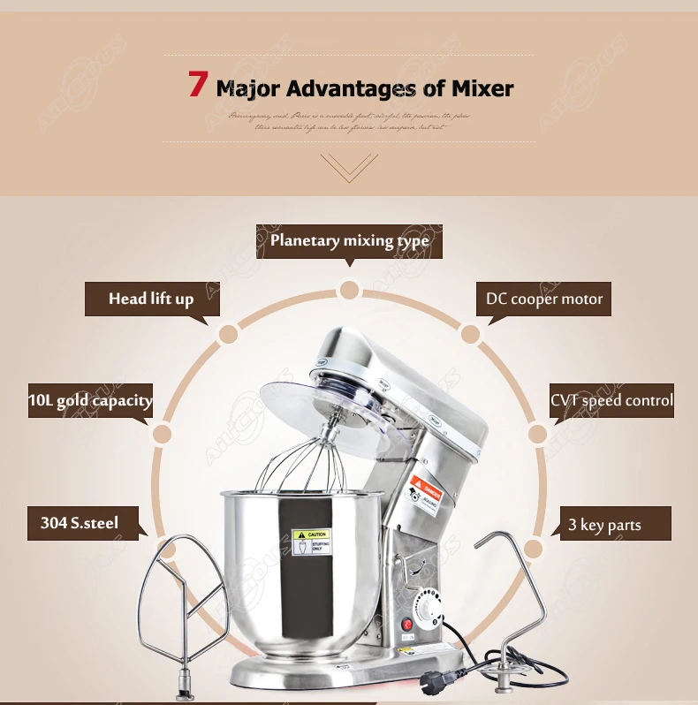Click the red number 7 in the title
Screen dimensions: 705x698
[x=198, y=85]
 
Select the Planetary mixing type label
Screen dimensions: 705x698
[x=349, y=240]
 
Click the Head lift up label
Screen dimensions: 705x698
[x=151, y=299]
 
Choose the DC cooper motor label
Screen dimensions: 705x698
[x=543, y=299]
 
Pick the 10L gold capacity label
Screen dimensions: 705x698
[x=89, y=400]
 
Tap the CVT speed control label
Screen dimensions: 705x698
[x=611, y=400]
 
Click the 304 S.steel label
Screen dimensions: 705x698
[x=80, y=522]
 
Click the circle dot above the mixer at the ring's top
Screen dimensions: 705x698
[x=349, y=290]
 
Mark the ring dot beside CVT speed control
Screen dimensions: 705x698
[x=538, y=434]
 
